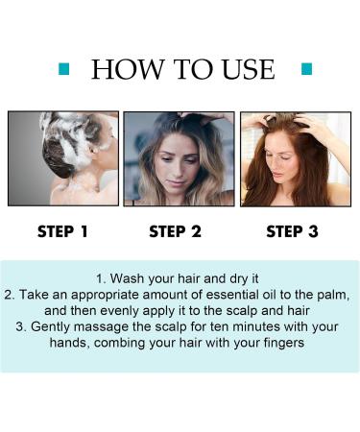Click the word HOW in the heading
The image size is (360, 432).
click(127, 69)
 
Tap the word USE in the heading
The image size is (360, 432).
click(248, 69)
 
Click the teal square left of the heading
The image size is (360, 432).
click(64, 69)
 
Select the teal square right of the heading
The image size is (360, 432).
click(306, 69)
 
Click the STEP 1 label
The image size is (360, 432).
click(62, 231)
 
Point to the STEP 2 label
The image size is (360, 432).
click(175, 231)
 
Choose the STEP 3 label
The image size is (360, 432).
click(292, 231)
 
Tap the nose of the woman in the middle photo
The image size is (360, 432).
click(177, 173)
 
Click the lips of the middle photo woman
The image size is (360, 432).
click(176, 184)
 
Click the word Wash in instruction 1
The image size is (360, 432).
click(127, 278)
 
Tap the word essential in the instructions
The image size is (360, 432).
click(231, 295)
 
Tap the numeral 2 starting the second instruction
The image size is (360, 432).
click(8, 295)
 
